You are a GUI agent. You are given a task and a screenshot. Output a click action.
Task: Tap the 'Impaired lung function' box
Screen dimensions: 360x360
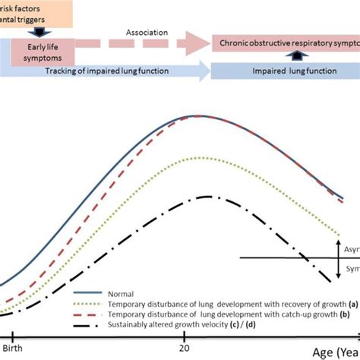(285, 71)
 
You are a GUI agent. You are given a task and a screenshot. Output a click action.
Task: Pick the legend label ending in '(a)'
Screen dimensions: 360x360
(221, 302)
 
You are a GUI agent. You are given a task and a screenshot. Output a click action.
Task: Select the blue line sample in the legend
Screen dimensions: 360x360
(87, 291)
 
